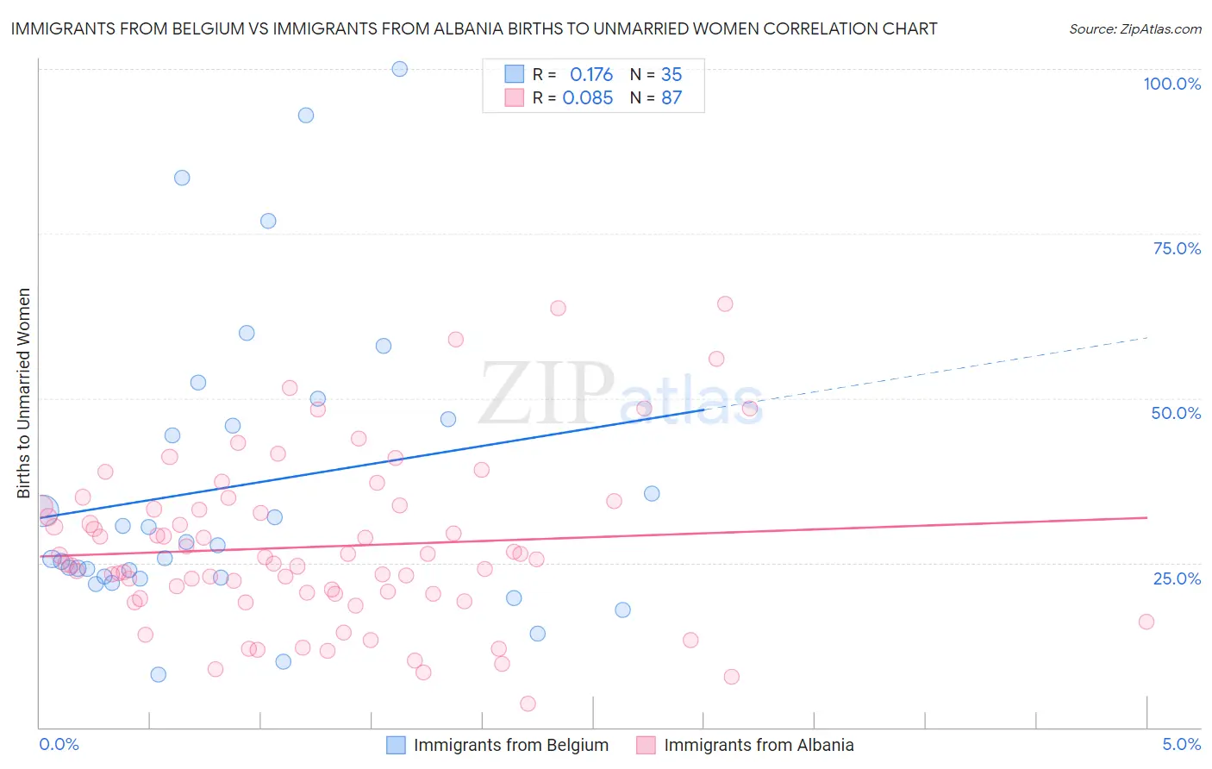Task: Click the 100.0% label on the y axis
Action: [1171, 84]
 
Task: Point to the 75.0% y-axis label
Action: [1177, 248]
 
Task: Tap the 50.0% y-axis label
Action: [1176, 413]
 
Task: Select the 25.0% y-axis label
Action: [1177, 578]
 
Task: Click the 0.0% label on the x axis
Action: [59, 744]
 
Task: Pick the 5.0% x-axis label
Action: [1181, 744]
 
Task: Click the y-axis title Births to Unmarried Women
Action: [24, 393]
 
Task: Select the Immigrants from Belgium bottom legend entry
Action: [510, 745]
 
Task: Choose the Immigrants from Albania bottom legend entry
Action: [759, 745]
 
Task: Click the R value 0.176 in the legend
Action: [591, 75]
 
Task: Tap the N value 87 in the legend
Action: [672, 98]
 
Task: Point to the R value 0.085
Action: [588, 98]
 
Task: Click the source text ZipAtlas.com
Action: [1135, 29]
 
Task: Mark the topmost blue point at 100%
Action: [400, 69]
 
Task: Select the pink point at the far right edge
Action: [1146, 622]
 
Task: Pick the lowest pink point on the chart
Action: [528, 703]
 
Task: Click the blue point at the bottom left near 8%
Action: [159, 674]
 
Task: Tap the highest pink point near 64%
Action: [725, 303]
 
